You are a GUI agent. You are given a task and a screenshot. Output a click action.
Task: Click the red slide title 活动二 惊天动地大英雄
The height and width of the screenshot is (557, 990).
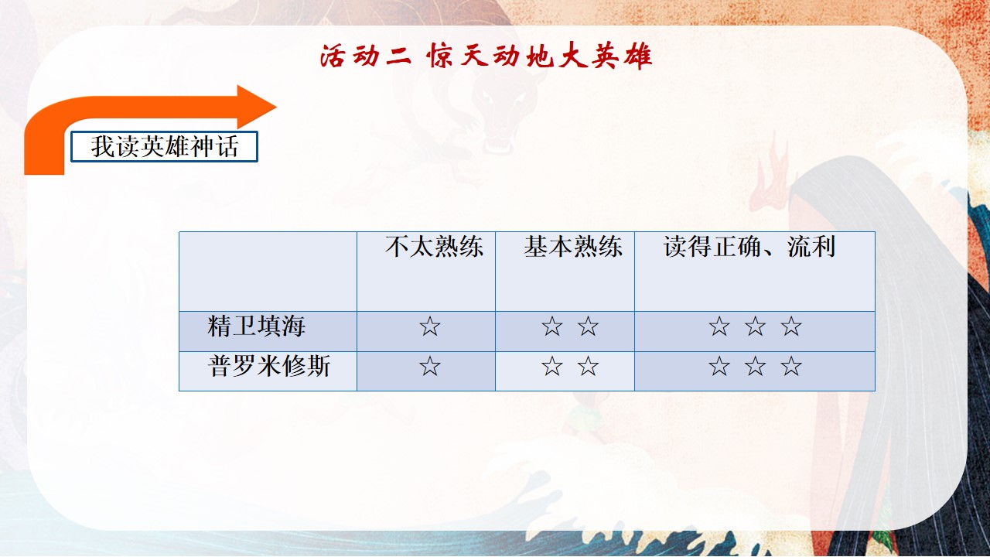[x=486, y=56]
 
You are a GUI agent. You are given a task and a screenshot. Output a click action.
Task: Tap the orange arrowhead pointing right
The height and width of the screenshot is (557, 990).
[x=256, y=107]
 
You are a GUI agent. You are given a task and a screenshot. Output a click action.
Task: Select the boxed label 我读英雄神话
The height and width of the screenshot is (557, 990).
[x=165, y=146]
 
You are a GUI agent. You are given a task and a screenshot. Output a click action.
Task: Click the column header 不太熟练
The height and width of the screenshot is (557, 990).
[x=434, y=246]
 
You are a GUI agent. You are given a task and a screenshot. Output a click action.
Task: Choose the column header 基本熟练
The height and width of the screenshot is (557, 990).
[x=573, y=246]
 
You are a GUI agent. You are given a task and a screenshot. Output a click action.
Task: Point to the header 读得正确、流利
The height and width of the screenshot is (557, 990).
[x=749, y=246]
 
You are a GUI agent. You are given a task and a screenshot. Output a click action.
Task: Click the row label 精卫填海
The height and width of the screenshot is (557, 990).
[x=256, y=326]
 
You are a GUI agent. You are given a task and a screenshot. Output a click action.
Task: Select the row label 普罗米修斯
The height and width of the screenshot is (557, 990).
[x=268, y=366]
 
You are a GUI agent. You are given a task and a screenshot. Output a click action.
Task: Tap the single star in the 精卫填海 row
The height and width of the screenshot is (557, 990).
[x=429, y=326]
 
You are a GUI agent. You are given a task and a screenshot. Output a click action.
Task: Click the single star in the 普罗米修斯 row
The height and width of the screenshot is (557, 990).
[x=429, y=367]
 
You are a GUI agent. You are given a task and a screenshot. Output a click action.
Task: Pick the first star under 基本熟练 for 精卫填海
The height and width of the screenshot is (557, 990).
[x=552, y=326]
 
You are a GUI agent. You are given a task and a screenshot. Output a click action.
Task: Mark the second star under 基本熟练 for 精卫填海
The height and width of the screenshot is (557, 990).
[x=588, y=326]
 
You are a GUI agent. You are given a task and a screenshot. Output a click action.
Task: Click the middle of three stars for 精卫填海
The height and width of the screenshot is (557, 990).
[x=755, y=326]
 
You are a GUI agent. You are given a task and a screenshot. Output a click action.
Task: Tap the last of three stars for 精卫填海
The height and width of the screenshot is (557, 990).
[x=790, y=326]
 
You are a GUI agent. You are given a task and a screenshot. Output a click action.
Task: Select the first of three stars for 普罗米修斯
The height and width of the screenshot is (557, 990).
[x=719, y=367]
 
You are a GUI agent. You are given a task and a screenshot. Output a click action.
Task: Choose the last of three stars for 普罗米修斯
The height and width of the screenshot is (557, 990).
[x=790, y=367]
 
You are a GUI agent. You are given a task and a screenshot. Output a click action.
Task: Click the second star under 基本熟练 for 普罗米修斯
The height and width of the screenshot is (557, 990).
[x=588, y=367]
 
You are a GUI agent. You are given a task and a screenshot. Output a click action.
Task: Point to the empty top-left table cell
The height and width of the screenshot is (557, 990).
[x=268, y=272]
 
